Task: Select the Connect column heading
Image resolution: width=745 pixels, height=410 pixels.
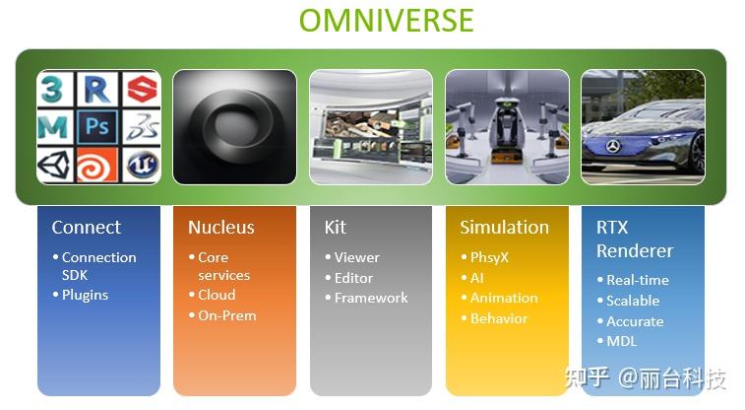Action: (x=87, y=228)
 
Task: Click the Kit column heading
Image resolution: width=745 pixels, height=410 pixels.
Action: (x=336, y=228)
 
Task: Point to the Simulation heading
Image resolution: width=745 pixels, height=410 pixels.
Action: (x=504, y=228)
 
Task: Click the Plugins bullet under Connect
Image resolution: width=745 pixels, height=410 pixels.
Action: (x=85, y=295)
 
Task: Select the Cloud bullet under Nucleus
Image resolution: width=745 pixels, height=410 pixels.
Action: (x=217, y=295)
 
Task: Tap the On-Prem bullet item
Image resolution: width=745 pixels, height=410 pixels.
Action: (x=226, y=315)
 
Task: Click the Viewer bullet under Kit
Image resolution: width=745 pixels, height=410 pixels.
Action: (x=356, y=257)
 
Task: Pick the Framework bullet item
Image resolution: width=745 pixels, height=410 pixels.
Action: (x=370, y=298)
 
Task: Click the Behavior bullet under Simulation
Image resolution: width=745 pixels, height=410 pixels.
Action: (x=498, y=318)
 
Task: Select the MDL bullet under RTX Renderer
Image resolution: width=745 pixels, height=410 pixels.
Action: (x=621, y=341)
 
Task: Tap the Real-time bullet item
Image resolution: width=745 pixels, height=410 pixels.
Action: (x=637, y=280)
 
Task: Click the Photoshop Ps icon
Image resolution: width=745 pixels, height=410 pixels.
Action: (x=97, y=127)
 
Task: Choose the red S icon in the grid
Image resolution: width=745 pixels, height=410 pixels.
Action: (x=142, y=90)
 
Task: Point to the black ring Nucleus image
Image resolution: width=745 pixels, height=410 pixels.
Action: (x=234, y=126)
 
